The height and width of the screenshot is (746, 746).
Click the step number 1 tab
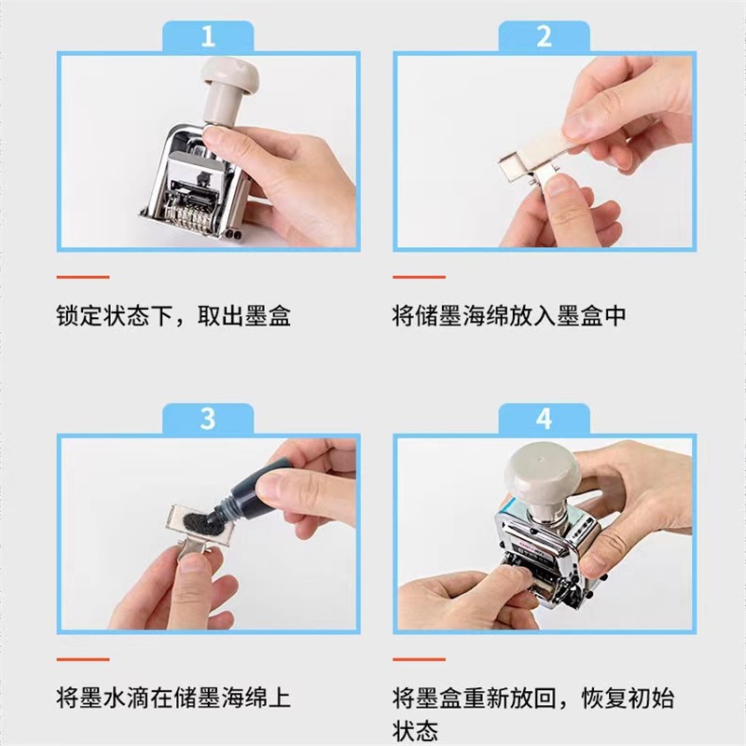click(208, 36)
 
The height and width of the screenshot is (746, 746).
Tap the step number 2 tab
click(544, 36)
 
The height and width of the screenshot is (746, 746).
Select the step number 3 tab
click(208, 419)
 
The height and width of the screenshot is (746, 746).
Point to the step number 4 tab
click(544, 419)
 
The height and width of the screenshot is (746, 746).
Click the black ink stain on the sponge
click(203, 521)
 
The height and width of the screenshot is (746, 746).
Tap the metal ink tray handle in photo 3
click(193, 551)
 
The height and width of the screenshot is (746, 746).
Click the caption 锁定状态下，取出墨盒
click(173, 315)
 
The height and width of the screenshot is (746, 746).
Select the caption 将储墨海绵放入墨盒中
click(509, 315)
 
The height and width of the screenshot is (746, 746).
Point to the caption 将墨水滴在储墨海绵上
click(173, 698)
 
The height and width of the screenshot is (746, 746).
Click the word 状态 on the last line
click(415, 730)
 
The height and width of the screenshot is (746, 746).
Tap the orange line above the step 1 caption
click(83, 277)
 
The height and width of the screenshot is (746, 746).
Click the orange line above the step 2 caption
click(419, 277)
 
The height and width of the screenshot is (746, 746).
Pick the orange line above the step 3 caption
click(83, 659)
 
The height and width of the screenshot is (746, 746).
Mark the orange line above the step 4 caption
click(419, 659)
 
